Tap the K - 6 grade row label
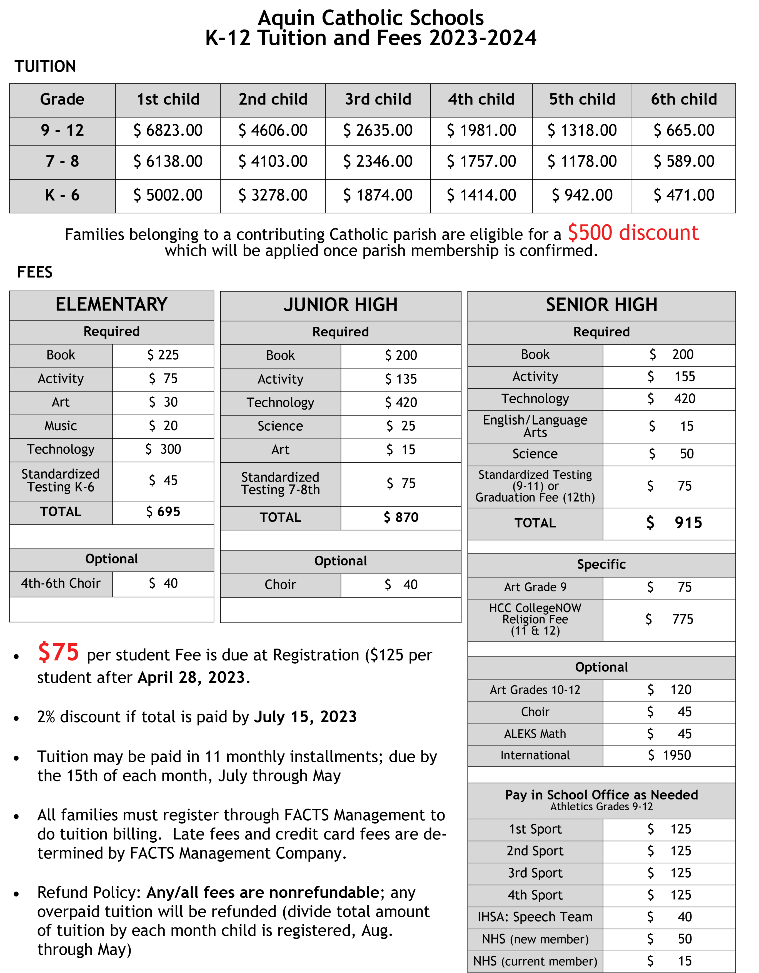click(x=62, y=195)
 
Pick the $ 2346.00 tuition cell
click(x=378, y=161)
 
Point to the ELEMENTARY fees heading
click(x=111, y=305)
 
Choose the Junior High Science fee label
click(x=280, y=426)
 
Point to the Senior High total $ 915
click(x=674, y=523)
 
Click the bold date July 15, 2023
click(x=305, y=717)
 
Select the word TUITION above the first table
click(x=45, y=67)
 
